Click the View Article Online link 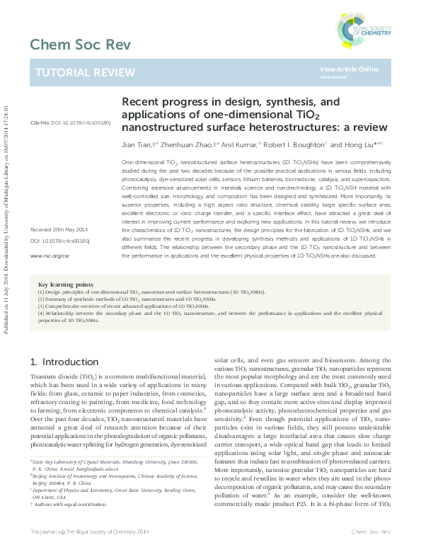(349, 69)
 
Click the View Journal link (330, 77)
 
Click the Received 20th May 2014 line (59, 231)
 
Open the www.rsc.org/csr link (49, 255)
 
